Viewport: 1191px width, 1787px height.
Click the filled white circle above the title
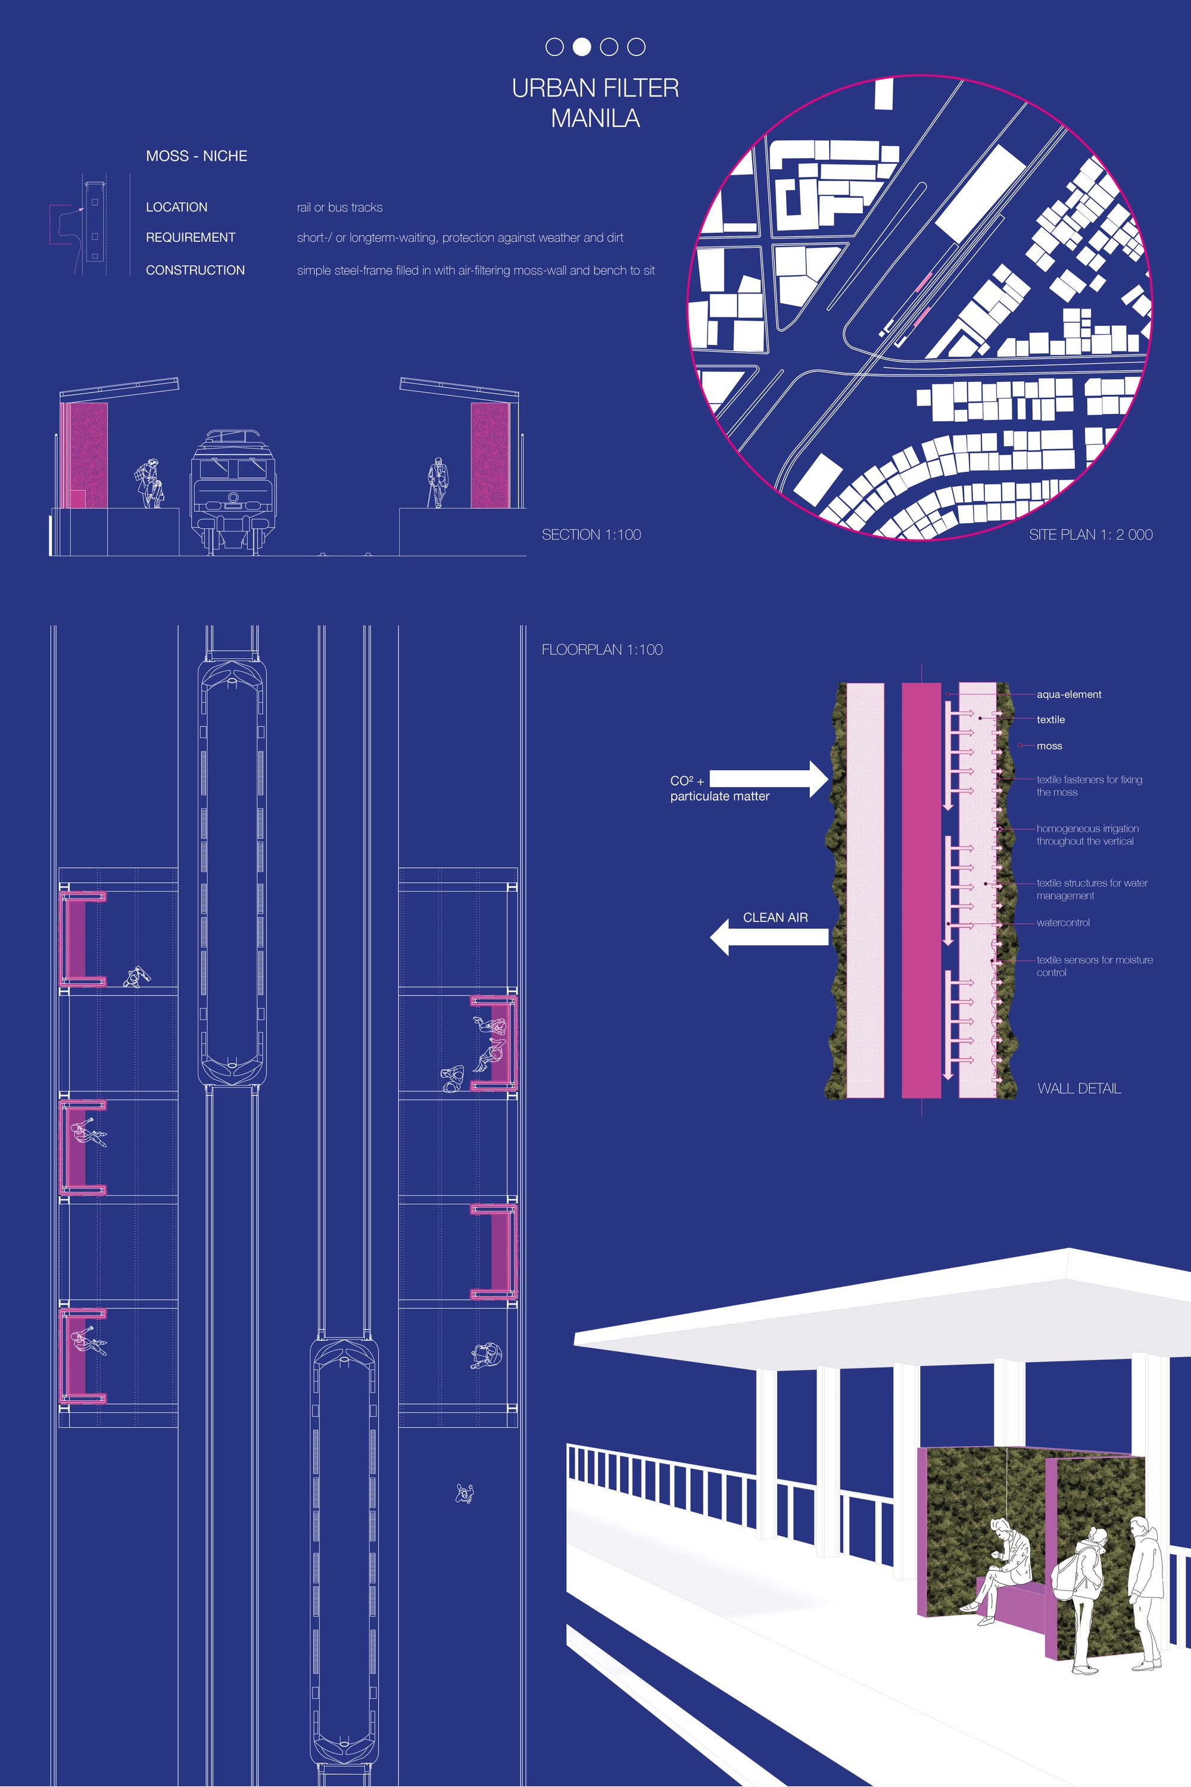tap(582, 47)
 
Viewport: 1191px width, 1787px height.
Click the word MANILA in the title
tap(595, 119)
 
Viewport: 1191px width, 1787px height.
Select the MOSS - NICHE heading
tap(197, 155)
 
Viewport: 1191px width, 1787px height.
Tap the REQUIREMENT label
tap(191, 238)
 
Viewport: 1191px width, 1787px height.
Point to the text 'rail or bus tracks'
tap(339, 207)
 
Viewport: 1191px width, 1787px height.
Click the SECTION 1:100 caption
tap(592, 535)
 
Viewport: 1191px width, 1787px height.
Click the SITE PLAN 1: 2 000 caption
tap(1091, 535)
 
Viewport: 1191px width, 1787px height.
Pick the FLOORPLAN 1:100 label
tap(602, 650)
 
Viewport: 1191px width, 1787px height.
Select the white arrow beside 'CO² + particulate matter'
tap(769, 779)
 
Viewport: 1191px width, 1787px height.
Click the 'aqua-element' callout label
tap(1069, 695)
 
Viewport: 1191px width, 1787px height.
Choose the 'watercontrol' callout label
tap(1062, 923)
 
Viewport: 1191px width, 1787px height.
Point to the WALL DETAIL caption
tap(1078, 1089)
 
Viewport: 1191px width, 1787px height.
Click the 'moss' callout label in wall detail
tap(1049, 746)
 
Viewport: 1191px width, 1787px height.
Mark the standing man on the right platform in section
tap(437, 482)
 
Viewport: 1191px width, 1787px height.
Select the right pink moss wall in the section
tap(490, 455)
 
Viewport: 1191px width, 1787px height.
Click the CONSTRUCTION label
tap(195, 270)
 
